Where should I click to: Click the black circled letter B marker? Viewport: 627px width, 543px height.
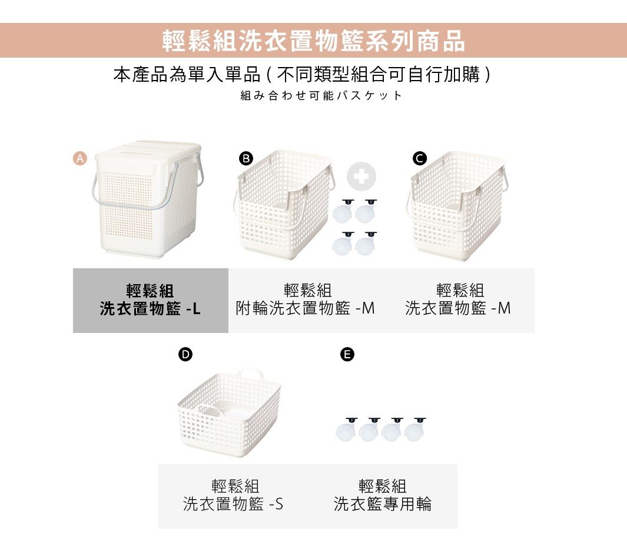click(246, 158)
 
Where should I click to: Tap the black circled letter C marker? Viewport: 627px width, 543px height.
click(419, 158)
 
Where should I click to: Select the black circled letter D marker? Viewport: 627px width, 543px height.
click(185, 354)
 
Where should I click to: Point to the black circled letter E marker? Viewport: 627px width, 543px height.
click(347, 354)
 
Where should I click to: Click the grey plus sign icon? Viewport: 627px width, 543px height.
click(361, 176)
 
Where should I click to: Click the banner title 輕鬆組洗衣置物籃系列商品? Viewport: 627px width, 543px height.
click(313, 41)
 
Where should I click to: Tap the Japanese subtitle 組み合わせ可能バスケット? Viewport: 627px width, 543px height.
click(321, 95)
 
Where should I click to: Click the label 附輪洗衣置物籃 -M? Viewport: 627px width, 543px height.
click(305, 308)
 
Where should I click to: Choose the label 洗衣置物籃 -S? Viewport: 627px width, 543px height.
click(233, 504)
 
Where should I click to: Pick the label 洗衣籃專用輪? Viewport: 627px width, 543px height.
click(382, 504)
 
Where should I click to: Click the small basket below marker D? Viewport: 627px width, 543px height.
click(230, 418)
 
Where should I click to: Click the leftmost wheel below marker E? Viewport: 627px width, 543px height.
click(347, 431)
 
